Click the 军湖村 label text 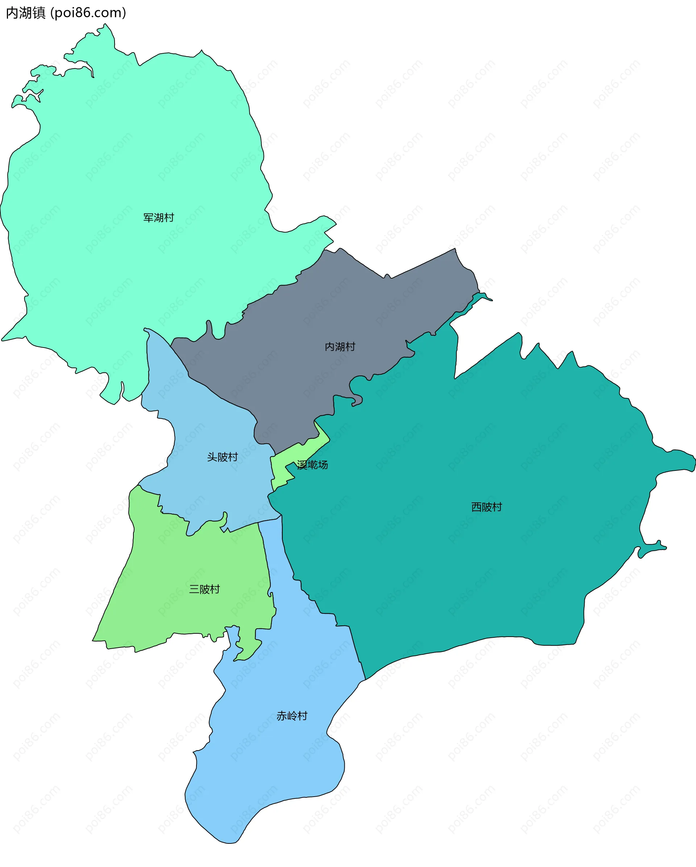[x=158, y=218]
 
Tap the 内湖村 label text [x=340, y=347]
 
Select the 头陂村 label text [x=222, y=457]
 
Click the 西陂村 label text [x=486, y=507]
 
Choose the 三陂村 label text [x=204, y=589]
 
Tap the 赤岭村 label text [x=292, y=716]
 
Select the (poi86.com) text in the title [x=88, y=13]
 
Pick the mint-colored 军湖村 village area [x=121, y=161]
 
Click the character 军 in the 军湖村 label [x=148, y=218]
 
